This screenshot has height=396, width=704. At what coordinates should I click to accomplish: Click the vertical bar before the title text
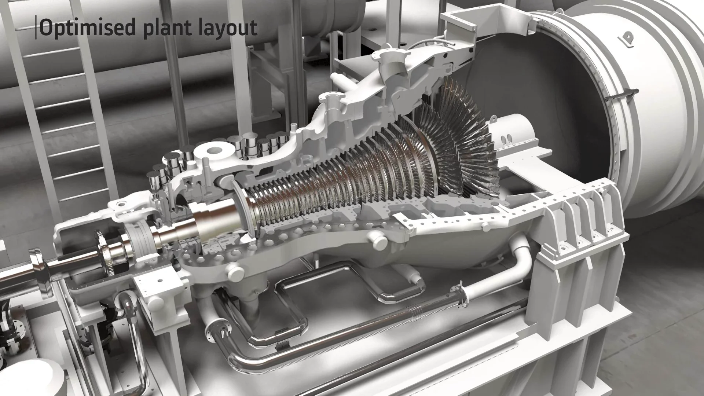[x=36, y=27]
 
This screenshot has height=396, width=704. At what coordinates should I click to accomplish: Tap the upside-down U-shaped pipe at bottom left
[x=130, y=319]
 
